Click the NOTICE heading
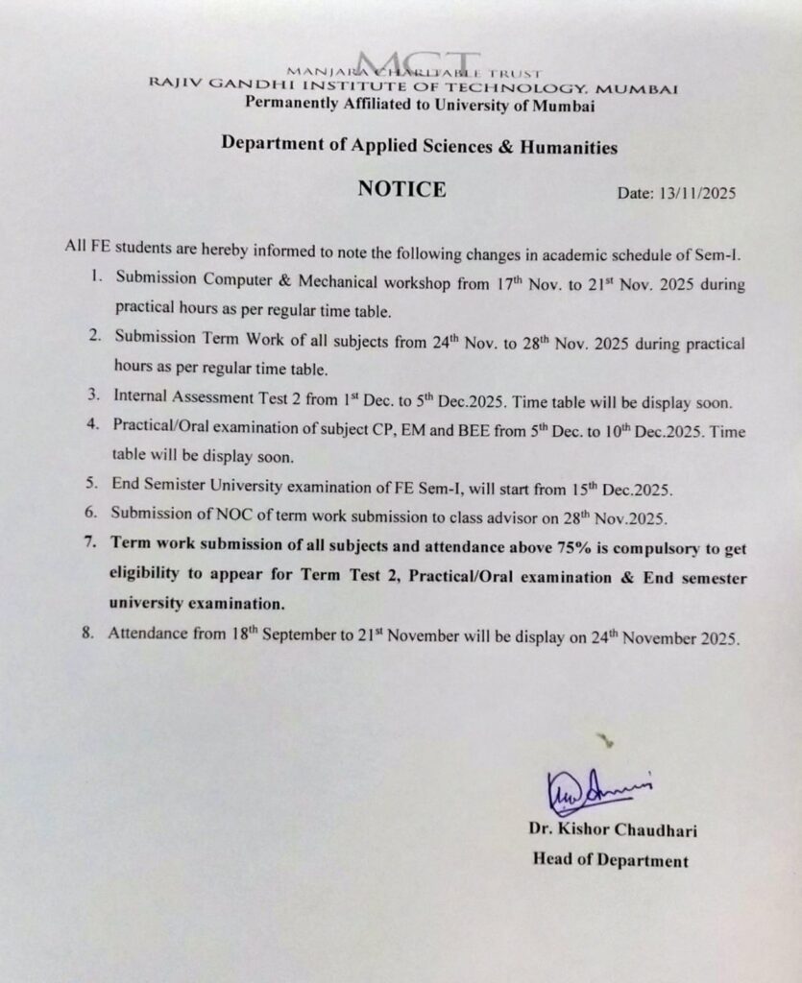point(401,189)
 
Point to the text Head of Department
point(610,860)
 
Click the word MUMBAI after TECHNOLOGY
point(645,88)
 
